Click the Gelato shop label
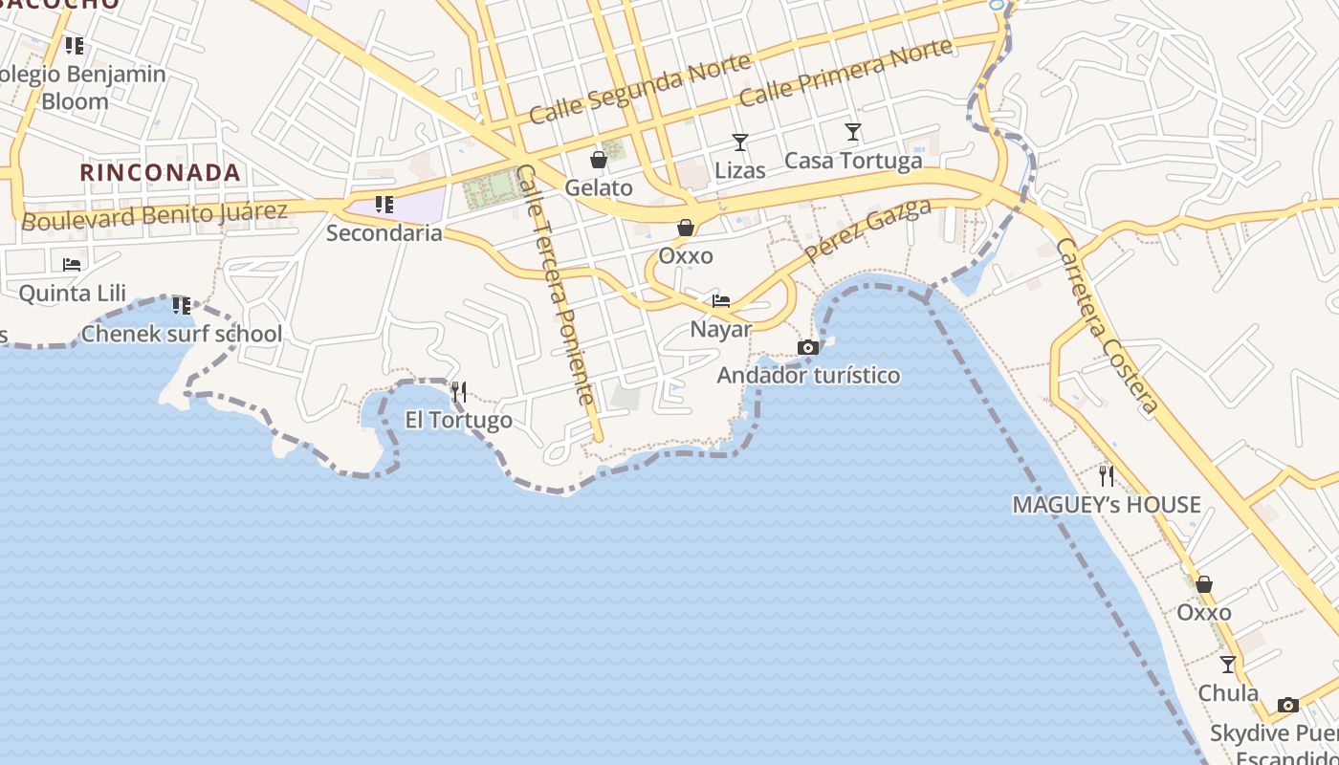(x=599, y=187)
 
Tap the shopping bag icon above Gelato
(x=599, y=160)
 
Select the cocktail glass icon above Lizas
(x=740, y=142)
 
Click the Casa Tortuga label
(x=853, y=161)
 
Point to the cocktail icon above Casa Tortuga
(x=853, y=132)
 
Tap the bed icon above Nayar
(x=721, y=301)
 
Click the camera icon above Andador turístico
(x=808, y=347)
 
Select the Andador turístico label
(x=808, y=375)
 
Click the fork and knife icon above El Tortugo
(x=459, y=391)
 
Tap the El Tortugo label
(x=459, y=420)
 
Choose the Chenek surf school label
(x=182, y=334)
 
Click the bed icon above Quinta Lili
(x=72, y=264)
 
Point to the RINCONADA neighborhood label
(x=160, y=172)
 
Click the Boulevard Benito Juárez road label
(x=154, y=215)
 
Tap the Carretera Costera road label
(x=1107, y=326)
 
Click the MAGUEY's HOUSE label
(x=1107, y=504)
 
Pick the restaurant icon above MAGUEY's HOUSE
(x=1107, y=475)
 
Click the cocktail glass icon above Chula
(x=1228, y=665)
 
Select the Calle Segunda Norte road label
(x=640, y=88)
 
